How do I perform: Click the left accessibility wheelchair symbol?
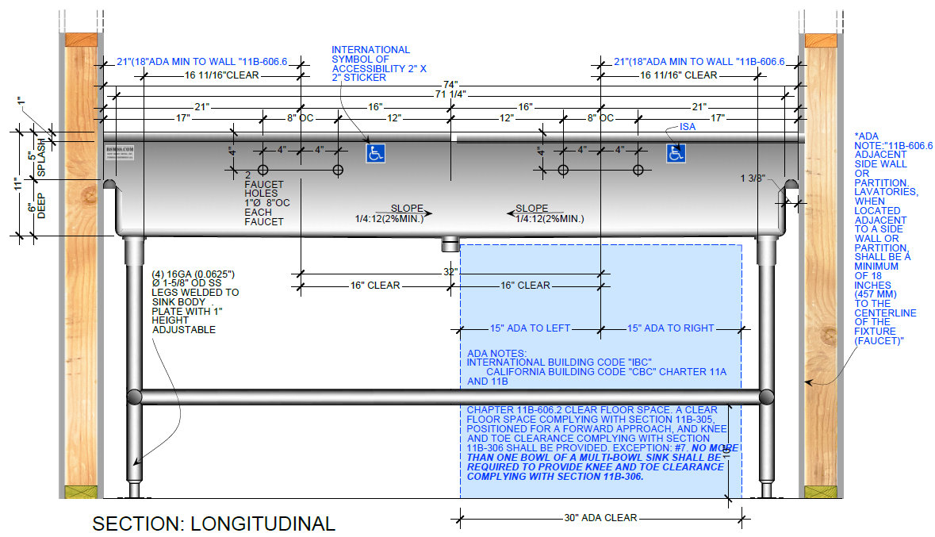(375, 153)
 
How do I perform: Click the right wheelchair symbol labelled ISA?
(676, 153)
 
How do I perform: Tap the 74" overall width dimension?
(451, 84)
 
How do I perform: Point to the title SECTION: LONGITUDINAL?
(213, 524)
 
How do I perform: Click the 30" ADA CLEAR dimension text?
(600, 518)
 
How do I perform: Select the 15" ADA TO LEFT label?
(530, 328)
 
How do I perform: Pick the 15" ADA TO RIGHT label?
(671, 328)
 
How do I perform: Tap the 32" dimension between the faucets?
(450, 272)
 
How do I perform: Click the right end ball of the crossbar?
(766, 396)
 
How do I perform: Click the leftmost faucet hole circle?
(263, 170)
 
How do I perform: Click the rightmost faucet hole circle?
(638, 170)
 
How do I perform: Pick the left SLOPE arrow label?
(407, 209)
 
